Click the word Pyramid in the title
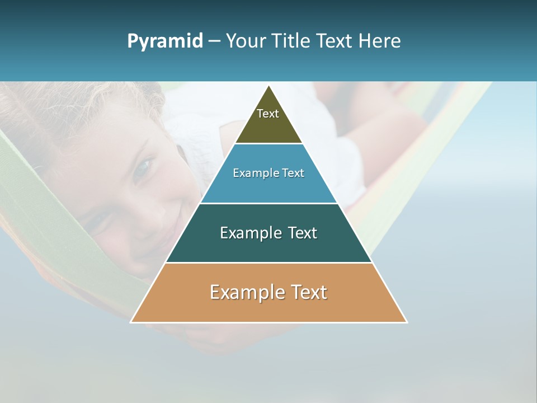tap(164, 41)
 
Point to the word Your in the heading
tap(246, 41)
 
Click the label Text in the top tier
tap(268, 114)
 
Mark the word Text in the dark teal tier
tap(302, 233)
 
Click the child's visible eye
tap(144, 167)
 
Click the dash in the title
tap(214, 41)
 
